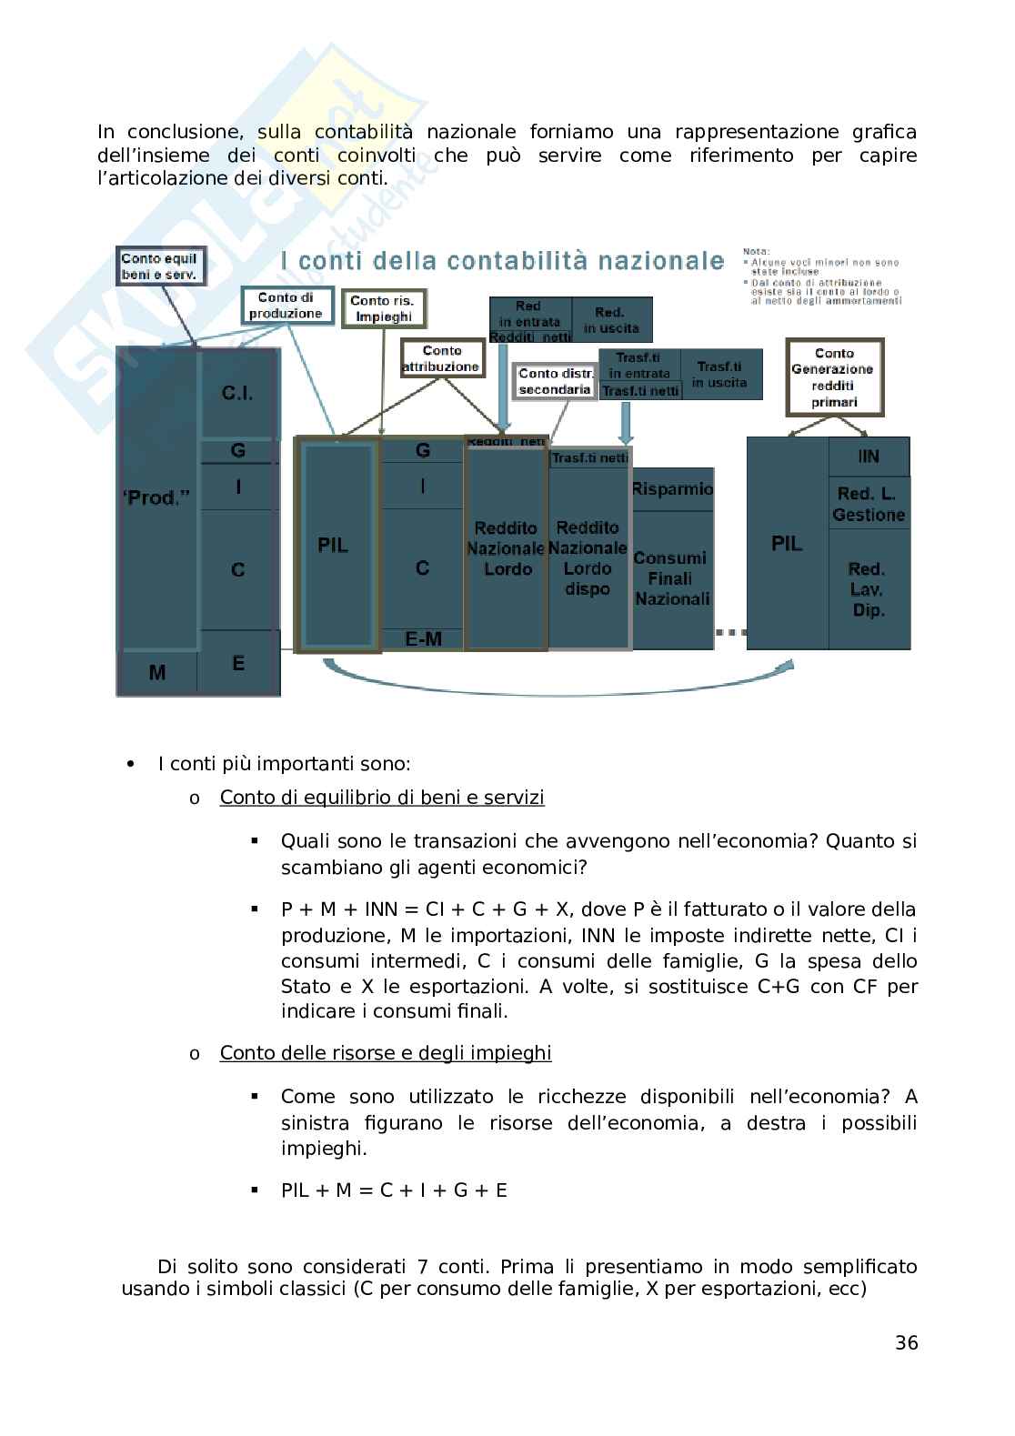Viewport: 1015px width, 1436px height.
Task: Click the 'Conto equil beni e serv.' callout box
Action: pos(160,266)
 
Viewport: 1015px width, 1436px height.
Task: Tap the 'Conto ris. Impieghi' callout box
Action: pos(383,308)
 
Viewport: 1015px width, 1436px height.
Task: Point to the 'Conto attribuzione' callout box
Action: pos(441,358)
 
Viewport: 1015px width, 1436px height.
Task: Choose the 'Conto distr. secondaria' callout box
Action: pos(556,381)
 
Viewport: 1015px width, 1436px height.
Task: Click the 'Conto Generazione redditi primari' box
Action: pos(834,377)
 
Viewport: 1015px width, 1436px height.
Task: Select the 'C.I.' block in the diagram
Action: pos(237,394)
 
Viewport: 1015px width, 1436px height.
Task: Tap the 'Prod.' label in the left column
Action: pos(156,498)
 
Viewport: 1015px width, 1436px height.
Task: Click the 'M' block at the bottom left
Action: pos(157,673)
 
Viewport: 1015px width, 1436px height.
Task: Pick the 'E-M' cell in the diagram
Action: pos(423,639)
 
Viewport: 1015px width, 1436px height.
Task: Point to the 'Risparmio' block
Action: pos(672,489)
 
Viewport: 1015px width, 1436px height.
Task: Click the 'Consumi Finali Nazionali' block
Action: pos(672,578)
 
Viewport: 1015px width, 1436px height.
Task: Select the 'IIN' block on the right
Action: pos(869,457)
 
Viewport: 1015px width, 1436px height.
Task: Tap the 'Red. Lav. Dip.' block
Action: pos(869,589)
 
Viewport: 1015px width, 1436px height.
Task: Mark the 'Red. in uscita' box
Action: pos(611,320)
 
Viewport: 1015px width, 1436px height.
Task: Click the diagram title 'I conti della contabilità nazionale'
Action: pos(502,261)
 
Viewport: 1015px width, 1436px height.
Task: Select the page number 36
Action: pos(906,1342)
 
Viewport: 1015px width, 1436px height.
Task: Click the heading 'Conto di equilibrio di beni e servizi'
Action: pos(382,798)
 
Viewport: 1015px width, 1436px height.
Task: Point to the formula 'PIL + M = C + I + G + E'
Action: pos(394,1190)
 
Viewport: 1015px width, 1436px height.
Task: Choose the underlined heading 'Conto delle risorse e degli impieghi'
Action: pos(386,1052)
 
